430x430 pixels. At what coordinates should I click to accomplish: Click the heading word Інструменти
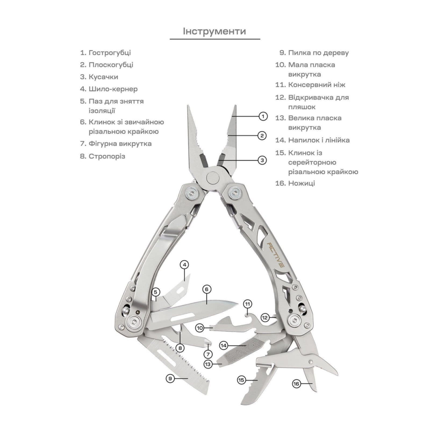coord(215,31)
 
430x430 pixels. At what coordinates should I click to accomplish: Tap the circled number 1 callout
coord(263,116)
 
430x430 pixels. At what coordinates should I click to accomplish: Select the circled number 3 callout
coord(262,160)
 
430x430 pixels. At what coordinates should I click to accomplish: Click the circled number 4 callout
coord(184,264)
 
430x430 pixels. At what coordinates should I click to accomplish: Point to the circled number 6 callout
coord(207,289)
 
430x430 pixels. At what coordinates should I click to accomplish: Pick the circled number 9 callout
coord(170,378)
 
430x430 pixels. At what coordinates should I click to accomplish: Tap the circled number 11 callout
coord(248,304)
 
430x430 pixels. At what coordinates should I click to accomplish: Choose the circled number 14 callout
coord(224,346)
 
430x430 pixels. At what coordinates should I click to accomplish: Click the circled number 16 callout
coord(296,384)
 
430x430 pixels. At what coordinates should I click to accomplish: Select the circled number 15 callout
coord(241,380)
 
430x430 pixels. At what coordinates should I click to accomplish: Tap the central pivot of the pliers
coord(213,178)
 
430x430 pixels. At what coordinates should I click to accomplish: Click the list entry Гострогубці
coord(106,52)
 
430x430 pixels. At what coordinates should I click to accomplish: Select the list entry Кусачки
coord(99,77)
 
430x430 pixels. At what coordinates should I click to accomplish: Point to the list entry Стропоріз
coord(103,157)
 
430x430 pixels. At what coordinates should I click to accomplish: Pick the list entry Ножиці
coord(295,183)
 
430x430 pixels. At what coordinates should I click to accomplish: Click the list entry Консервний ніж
coord(310,85)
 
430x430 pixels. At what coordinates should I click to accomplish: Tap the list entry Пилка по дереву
coord(314,52)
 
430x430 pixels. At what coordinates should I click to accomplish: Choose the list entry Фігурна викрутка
coord(116,144)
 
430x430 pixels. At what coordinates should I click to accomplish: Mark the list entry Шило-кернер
coord(109,89)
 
